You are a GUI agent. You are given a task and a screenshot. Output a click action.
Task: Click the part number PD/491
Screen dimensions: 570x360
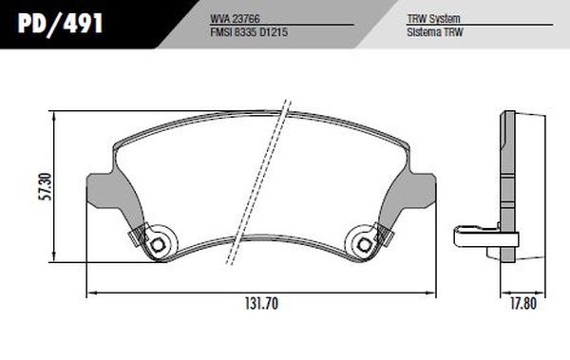61,24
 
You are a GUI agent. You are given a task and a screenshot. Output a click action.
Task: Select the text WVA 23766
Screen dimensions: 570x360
235,19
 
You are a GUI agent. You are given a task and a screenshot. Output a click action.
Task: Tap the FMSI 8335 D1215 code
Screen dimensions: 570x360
249,32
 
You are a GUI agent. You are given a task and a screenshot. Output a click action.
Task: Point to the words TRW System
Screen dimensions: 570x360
433,19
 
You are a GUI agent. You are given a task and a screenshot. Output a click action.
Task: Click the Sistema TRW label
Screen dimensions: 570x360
435,32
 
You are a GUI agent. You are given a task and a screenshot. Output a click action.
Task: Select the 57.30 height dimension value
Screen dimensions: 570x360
47,186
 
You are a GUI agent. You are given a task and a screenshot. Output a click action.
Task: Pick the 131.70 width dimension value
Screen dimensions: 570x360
262,304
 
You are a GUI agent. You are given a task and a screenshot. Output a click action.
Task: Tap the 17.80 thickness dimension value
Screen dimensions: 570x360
523,304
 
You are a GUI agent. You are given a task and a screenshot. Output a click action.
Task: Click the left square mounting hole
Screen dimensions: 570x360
158,245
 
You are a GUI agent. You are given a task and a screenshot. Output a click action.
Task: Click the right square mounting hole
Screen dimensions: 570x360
364,245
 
